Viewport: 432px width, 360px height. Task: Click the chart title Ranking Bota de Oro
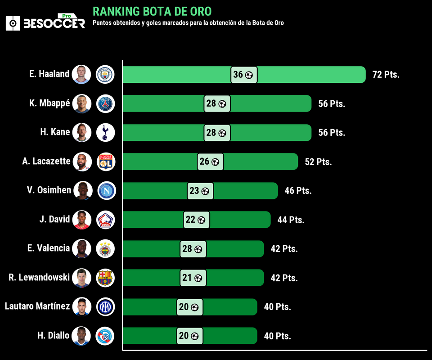tap(152, 11)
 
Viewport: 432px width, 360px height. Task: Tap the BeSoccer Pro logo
tap(45, 22)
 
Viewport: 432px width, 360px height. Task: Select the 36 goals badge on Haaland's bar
tap(244, 75)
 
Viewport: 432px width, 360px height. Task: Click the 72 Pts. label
tap(386, 75)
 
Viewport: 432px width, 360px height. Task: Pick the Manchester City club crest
tap(106, 75)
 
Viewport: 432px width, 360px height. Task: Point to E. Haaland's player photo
tap(81, 75)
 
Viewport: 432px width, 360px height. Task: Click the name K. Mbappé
tap(49, 103)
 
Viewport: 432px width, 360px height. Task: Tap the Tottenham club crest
tap(106, 132)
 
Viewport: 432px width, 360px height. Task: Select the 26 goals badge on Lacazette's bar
tap(210, 162)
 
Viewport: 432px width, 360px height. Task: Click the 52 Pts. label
tap(318, 162)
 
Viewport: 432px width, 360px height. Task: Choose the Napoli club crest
tap(107, 190)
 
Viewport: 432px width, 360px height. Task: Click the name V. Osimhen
tap(49, 190)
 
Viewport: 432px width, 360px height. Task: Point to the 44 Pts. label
tap(291, 220)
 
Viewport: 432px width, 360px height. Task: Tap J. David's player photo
tap(81, 220)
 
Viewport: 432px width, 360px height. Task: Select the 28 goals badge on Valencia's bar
tap(193, 249)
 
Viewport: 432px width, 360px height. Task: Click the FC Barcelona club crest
tap(106, 278)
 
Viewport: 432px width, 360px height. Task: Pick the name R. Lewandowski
tap(39, 277)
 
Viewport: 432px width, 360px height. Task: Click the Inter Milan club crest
tap(106, 307)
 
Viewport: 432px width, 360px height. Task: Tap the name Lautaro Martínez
tap(37, 306)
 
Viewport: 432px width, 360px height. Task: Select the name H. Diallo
tap(54, 335)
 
